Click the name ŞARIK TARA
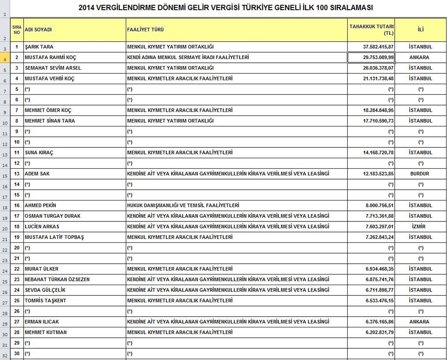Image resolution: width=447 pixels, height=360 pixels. (39, 47)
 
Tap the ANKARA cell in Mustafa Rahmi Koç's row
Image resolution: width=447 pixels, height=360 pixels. (420, 57)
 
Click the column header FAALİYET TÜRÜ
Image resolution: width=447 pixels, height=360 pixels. (145, 30)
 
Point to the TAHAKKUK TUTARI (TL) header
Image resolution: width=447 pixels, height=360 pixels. (371, 30)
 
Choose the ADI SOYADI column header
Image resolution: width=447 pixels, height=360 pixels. (38, 30)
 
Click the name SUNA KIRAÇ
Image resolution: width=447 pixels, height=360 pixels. (39, 153)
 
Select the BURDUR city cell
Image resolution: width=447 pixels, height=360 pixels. (420, 173)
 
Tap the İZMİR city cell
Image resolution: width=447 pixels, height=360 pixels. (420, 227)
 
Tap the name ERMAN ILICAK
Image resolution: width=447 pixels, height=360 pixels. (42, 322)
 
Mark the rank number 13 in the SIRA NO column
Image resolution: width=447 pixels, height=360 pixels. (17, 173)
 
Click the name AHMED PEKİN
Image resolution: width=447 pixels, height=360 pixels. (41, 205)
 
